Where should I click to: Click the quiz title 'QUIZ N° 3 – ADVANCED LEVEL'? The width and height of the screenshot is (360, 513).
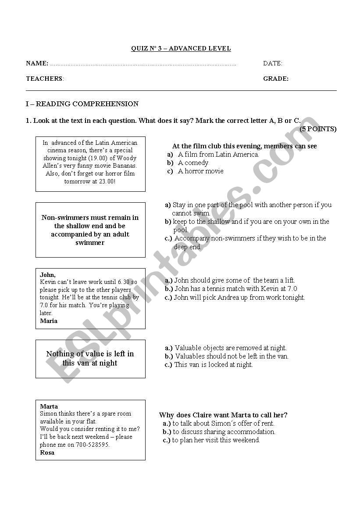click(181, 49)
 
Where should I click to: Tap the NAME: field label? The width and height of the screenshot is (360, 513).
click(37, 64)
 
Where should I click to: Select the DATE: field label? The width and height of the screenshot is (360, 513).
click(273, 64)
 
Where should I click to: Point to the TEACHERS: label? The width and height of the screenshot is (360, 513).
click(45, 79)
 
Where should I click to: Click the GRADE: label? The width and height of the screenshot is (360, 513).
click(276, 79)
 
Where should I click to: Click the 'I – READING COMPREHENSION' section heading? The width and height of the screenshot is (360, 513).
click(82, 104)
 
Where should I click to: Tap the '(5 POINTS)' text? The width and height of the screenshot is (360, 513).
click(318, 129)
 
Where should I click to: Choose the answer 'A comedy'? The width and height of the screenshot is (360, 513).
click(193, 163)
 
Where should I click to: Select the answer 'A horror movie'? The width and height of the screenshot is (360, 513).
click(200, 171)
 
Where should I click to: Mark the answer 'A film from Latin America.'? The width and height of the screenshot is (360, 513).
click(218, 154)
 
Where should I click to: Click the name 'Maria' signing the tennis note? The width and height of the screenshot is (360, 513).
click(49, 321)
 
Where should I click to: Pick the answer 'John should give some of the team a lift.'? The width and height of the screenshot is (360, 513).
click(234, 280)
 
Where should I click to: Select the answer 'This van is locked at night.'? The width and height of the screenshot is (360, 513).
click(213, 365)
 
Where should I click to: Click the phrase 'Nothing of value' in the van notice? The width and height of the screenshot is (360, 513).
click(71, 354)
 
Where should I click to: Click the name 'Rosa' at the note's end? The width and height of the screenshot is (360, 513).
click(47, 452)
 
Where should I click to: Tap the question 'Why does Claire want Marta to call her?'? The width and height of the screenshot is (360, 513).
click(223, 415)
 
